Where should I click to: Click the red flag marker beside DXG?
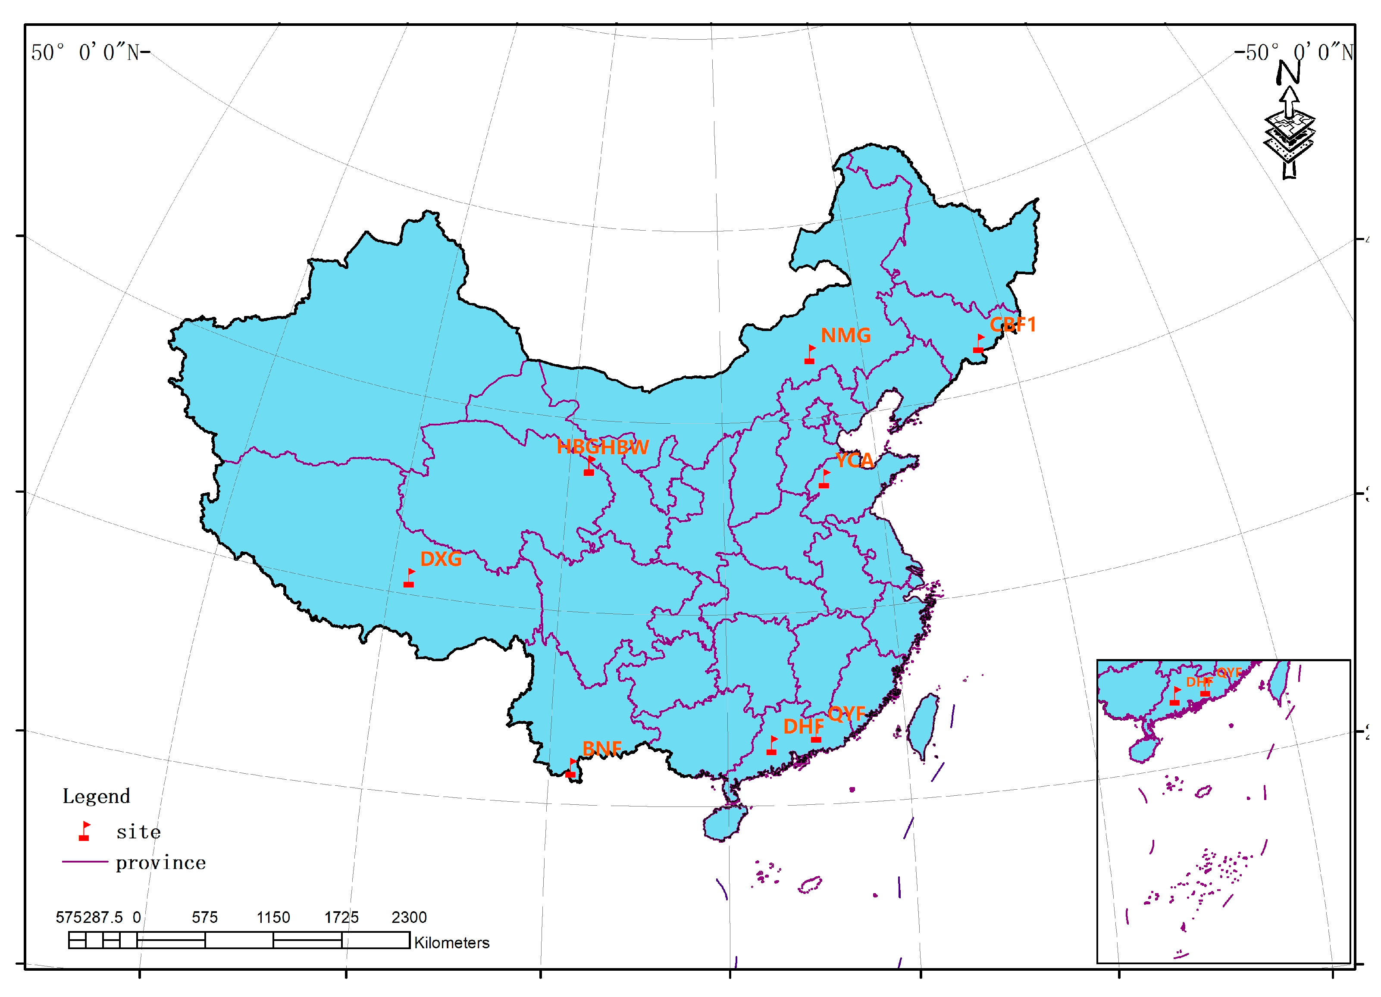pos(409,578)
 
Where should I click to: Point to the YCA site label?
pos(854,460)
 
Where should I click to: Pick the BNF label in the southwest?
pos(601,748)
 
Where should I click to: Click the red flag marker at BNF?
pos(571,769)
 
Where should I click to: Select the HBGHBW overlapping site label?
pos(602,447)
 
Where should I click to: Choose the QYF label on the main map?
pos(846,713)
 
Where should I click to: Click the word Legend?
pos(96,797)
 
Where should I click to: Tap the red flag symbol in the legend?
pos(85,831)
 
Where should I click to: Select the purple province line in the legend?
pos(85,862)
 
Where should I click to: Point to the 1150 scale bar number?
pos(273,917)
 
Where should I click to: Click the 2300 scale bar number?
pos(409,917)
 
